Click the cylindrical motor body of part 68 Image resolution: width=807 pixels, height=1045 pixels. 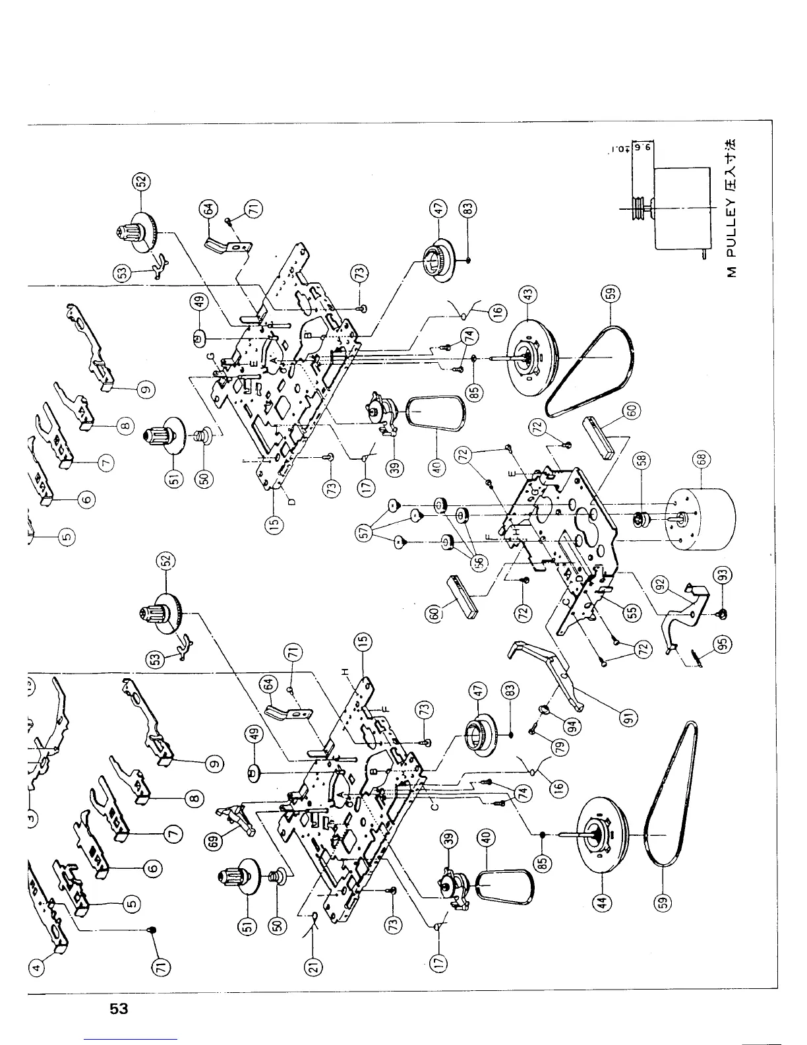(701, 521)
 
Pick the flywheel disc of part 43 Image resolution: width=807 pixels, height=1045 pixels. (530, 360)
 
